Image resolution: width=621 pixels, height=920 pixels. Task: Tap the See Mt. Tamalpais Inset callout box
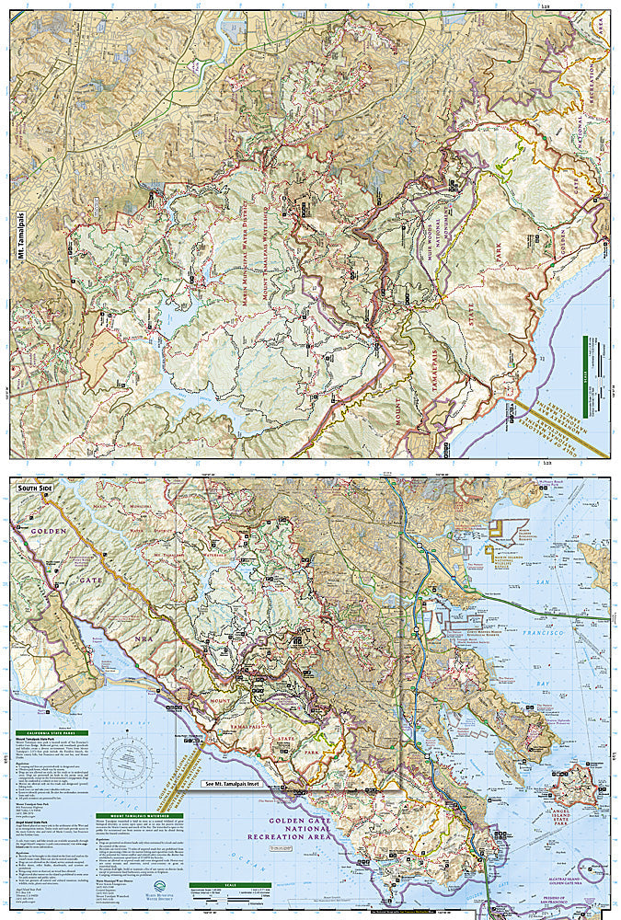click(240, 785)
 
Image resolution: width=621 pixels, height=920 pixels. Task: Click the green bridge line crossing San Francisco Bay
click(552, 613)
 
